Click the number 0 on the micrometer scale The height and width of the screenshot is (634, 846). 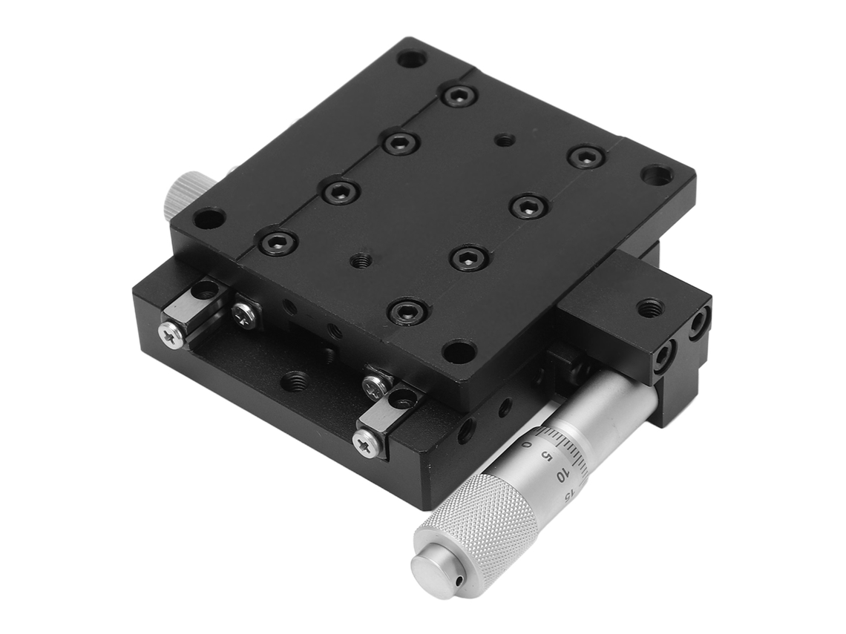528,445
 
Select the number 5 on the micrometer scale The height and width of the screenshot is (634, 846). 546,457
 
